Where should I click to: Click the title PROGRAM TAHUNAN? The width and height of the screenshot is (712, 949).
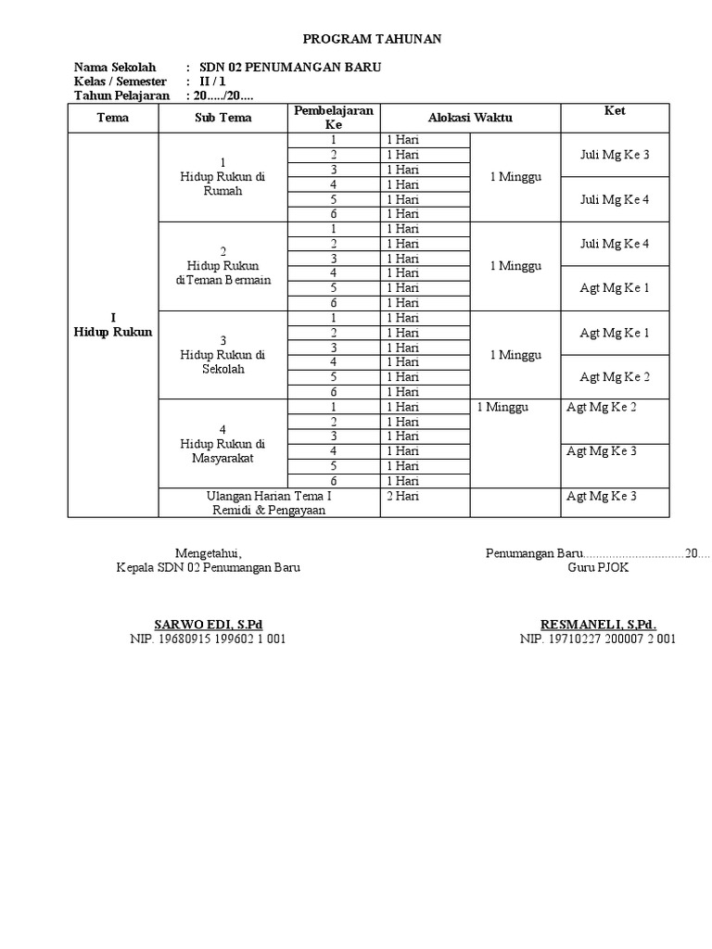pos(374,39)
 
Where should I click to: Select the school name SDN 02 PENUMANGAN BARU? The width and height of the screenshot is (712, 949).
pos(289,68)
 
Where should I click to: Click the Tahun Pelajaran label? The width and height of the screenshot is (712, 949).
pos(121,95)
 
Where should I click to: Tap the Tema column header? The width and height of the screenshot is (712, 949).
pos(113,118)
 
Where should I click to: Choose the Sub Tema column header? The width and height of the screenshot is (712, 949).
pos(222,118)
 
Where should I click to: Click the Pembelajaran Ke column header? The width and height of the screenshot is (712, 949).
pos(333,118)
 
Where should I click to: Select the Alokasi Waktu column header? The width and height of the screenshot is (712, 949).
pos(470,118)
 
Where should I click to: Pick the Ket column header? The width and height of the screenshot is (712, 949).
pos(615,111)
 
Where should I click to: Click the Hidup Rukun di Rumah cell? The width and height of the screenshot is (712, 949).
pos(222,176)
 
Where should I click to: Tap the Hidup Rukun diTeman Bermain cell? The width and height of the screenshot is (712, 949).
pos(222,266)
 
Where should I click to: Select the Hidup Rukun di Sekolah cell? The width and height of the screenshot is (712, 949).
pos(222,355)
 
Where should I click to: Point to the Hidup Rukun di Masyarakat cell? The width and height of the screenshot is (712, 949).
pos(222,444)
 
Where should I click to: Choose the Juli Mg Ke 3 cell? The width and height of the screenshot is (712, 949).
pos(615,155)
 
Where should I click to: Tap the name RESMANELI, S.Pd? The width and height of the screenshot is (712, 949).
pos(598,624)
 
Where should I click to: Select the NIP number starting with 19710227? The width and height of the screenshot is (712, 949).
pos(598,639)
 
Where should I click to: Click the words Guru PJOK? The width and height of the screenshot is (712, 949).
pos(598,568)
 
